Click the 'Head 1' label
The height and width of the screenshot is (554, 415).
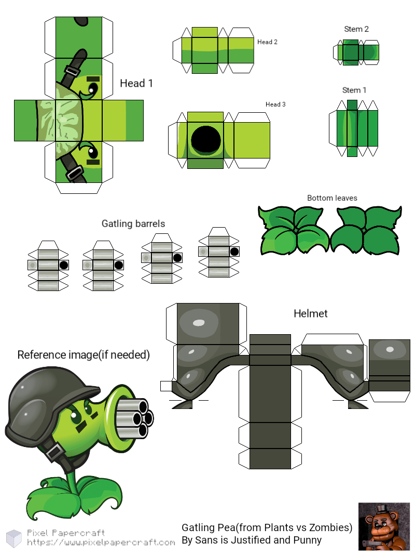click(136, 83)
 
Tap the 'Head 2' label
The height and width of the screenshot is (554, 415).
click(267, 42)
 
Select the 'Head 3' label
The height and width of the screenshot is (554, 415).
click(275, 104)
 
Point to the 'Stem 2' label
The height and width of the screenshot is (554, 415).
click(356, 29)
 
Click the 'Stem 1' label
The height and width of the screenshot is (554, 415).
click(354, 90)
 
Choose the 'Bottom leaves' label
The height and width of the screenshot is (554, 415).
click(332, 198)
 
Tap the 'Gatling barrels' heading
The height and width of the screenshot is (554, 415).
click(133, 224)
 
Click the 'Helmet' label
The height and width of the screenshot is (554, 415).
click(311, 313)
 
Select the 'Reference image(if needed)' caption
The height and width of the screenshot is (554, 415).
click(84, 355)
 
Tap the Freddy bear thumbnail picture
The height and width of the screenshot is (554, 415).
click(384, 526)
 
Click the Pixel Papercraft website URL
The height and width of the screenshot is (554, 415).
click(101, 543)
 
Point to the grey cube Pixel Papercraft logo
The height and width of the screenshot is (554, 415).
click(14, 538)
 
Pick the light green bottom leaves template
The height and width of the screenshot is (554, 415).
click(294, 231)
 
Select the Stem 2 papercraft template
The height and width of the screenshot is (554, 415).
click(356, 52)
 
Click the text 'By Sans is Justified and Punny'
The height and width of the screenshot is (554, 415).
click(252, 540)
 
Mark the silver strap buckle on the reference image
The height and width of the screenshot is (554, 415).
click(54, 453)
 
